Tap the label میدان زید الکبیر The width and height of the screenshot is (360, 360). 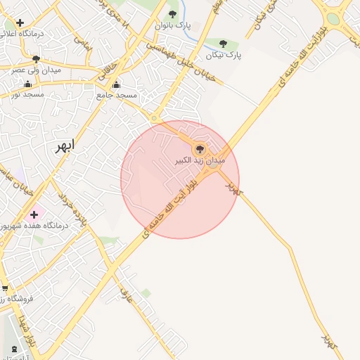pos(200,161)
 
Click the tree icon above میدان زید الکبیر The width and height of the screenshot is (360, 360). pos(200,149)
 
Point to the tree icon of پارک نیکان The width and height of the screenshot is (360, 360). pos(224,44)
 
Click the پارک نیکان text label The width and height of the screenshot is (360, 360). pos(224,54)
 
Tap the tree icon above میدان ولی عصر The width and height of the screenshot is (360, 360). pos(36,59)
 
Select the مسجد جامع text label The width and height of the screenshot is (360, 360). pos(117,94)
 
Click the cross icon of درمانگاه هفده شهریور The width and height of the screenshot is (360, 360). pos(34,214)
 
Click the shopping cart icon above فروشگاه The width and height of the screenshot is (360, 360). pos(6,288)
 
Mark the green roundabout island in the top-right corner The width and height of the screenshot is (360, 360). pos(333,19)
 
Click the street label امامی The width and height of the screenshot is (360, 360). pos(83,42)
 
